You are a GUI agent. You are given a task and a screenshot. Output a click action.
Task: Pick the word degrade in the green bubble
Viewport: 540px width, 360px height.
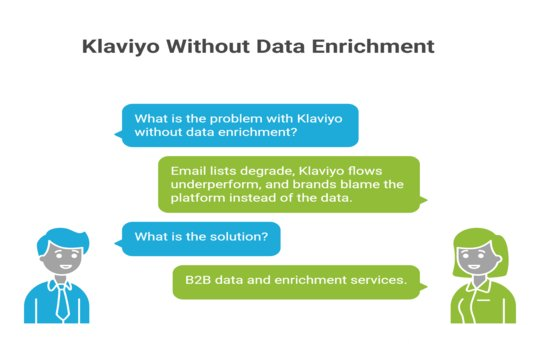(265, 171)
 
